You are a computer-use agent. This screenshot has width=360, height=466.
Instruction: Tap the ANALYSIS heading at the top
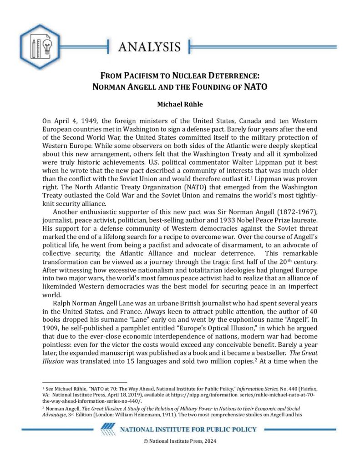pos(149,46)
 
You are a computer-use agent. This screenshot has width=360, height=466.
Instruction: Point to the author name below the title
pos(180,104)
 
